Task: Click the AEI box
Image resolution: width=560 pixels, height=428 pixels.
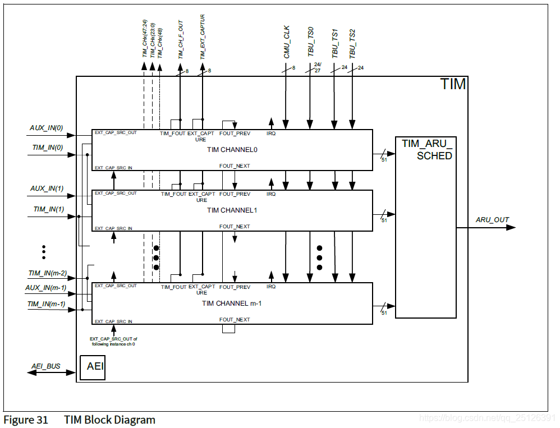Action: pos(93,367)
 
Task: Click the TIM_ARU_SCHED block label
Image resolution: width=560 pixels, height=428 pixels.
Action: pos(426,149)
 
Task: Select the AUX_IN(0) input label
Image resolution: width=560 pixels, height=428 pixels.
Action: pos(47,128)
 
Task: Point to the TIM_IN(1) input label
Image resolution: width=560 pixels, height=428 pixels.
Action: pos(48,209)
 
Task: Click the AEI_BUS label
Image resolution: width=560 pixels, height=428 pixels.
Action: pos(46,366)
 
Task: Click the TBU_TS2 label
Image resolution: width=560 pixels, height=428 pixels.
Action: pos(353,44)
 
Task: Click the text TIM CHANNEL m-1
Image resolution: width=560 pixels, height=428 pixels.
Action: pos(232,303)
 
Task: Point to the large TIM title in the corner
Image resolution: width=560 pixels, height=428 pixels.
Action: pos(453,85)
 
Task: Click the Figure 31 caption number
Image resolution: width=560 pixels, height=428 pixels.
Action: pos(26,420)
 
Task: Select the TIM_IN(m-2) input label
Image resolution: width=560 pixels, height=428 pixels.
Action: pos(48,273)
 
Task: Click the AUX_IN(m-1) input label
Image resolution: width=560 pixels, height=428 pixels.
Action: pos(46,288)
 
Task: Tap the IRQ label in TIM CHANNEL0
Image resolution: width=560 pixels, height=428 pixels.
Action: pos(271,134)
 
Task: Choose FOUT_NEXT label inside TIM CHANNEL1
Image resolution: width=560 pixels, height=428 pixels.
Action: pos(235,227)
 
